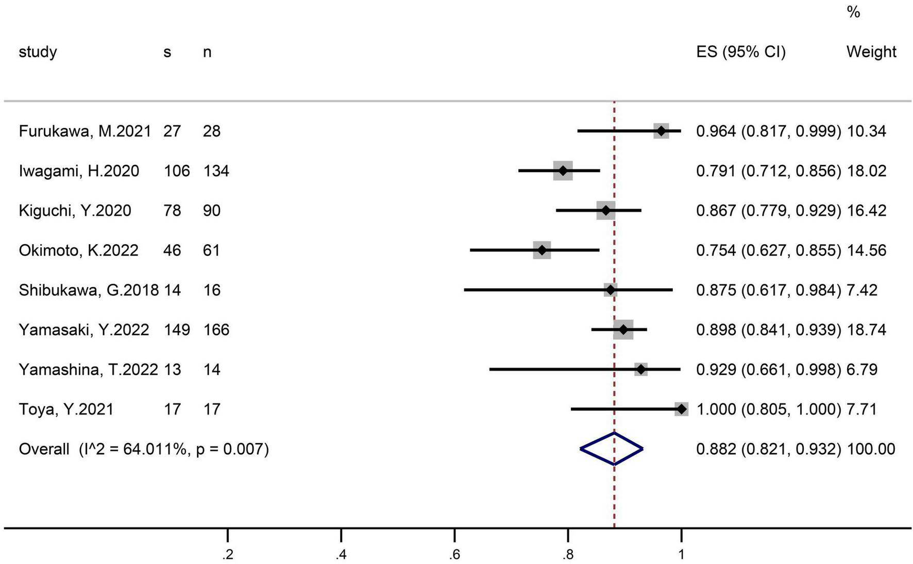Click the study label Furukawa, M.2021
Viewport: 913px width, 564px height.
pyautogui.click(x=85, y=131)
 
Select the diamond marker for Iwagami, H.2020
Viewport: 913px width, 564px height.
pyautogui.click(x=563, y=170)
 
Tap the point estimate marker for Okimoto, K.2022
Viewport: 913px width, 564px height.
pyautogui.click(x=542, y=250)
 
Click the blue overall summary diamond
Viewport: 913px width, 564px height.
pyautogui.click(x=612, y=449)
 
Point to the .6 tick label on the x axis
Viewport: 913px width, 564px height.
pyautogui.click(x=454, y=555)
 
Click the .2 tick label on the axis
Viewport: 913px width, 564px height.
pyautogui.click(x=227, y=555)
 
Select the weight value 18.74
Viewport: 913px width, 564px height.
pyautogui.click(x=866, y=330)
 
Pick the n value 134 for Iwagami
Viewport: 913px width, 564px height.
pyautogui.click(x=216, y=170)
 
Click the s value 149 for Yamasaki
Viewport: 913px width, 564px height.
pyautogui.click(x=177, y=330)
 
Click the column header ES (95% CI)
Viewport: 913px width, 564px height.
pyautogui.click(x=740, y=52)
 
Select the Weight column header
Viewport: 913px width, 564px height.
pyautogui.click(x=871, y=52)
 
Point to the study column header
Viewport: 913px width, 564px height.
pyautogui.click(x=38, y=52)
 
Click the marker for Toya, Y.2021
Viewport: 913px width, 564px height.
pyautogui.click(x=681, y=409)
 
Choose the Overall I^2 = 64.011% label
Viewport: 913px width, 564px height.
pyautogui.click(x=144, y=449)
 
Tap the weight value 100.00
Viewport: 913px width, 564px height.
pyautogui.click(x=871, y=449)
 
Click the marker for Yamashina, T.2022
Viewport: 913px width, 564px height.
pyautogui.click(x=640, y=369)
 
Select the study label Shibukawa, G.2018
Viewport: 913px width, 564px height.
pyautogui.click(x=89, y=290)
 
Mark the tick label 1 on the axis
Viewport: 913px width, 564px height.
pyautogui.click(x=681, y=555)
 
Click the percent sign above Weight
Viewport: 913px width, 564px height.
pyautogui.click(x=853, y=12)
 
